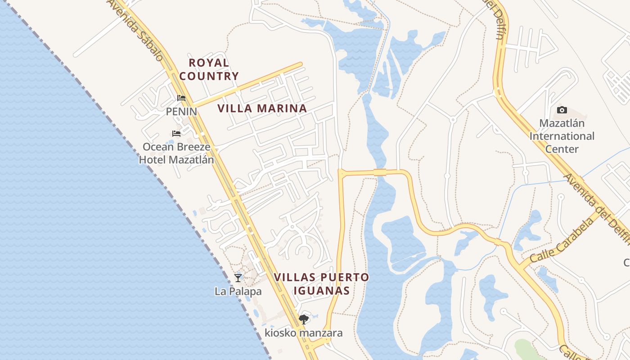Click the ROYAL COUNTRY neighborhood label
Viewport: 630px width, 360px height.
point(209,69)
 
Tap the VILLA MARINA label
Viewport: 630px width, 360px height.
point(262,108)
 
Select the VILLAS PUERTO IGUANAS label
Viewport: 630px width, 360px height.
point(321,284)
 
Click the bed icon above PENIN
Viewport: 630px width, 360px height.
point(181,98)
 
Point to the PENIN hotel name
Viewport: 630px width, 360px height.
point(181,111)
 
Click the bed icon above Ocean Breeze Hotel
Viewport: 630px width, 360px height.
point(176,134)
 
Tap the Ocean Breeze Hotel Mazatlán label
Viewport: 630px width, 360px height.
point(176,153)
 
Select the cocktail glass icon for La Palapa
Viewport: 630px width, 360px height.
point(238,278)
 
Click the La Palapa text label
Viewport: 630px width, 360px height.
point(238,292)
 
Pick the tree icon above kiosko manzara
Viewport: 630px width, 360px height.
point(304,319)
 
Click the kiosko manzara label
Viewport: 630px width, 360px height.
point(303,333)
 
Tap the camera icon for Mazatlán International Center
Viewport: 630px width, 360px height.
point(562,110)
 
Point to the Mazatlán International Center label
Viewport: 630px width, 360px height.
point(562,136)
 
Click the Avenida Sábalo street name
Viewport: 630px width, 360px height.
point(135,29)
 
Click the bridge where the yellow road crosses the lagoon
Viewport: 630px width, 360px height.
point(379,172)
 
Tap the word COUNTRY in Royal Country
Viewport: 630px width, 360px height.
point(209,76)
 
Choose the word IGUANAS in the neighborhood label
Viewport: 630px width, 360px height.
point(321,291)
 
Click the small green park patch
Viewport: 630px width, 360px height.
point(524,349)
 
